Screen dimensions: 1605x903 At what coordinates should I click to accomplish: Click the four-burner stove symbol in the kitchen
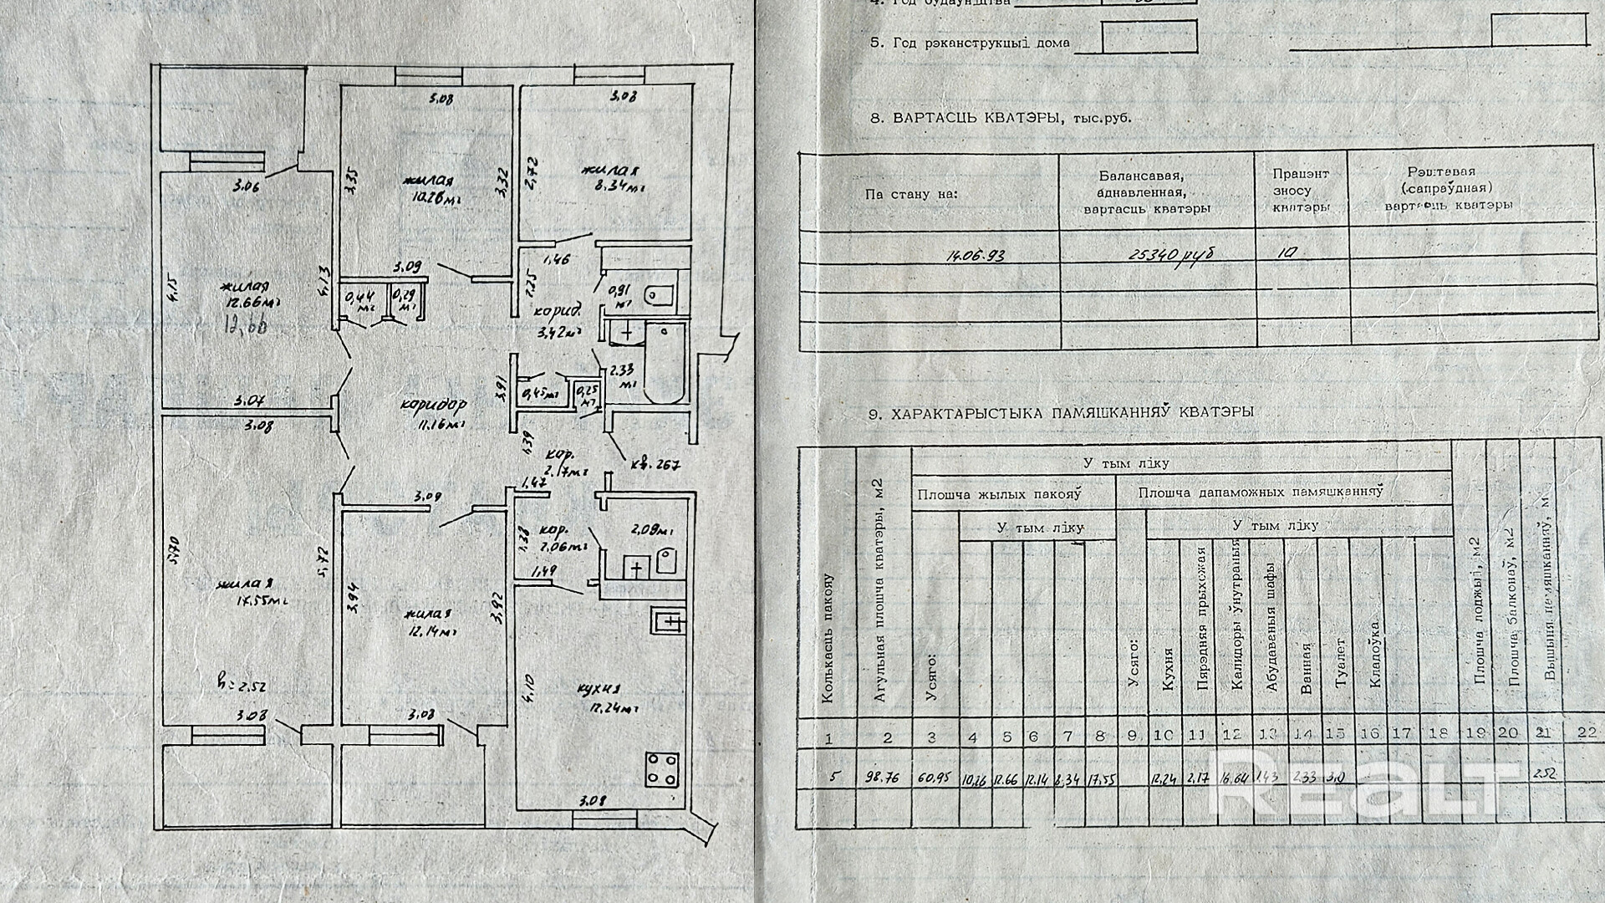coord(663,769)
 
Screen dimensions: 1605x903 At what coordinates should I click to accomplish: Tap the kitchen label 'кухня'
coord(599,691)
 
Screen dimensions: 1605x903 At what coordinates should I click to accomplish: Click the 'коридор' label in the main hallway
coord(433,405)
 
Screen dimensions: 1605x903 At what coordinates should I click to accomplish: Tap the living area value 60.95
coord(933,777)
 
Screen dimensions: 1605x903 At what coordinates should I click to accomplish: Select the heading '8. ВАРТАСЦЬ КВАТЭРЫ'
coord(1001,118)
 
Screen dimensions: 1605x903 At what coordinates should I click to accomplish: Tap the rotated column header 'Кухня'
coord(1168,669)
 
